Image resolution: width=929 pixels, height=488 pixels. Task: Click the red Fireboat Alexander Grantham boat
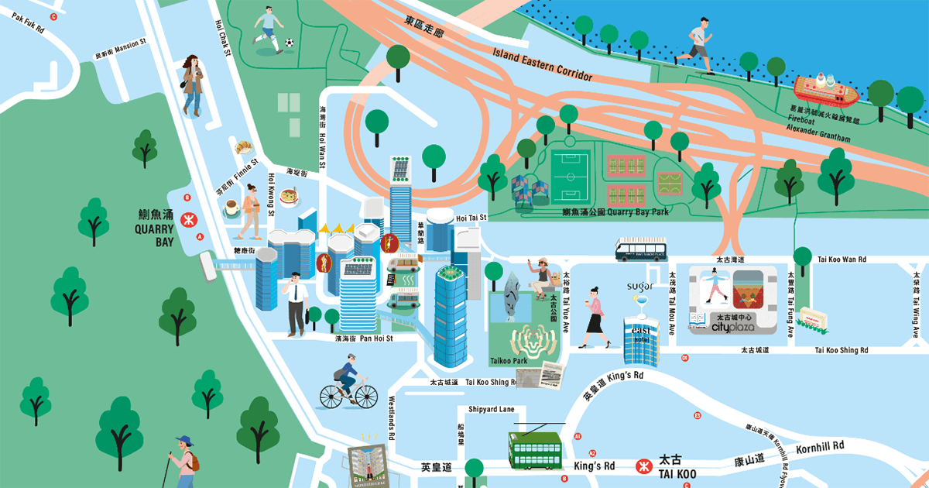point(825,89)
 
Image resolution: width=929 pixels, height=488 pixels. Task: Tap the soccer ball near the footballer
point(289,43)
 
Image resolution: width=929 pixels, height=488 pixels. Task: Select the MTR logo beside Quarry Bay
point(187,219)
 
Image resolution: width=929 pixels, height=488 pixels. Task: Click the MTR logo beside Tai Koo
point(642,466)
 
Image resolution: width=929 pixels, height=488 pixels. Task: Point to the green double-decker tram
point(535,448)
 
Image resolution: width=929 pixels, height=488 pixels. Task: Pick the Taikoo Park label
point(508,361)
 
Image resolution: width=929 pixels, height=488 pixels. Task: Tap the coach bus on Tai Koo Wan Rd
point(642,249)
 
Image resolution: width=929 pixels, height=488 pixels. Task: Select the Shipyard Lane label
point(491,409)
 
